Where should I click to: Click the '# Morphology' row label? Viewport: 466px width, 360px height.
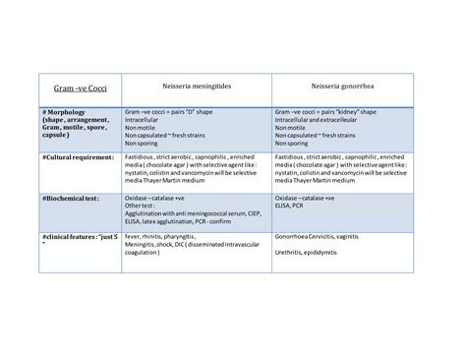pyautogui.click(x=69, y=113)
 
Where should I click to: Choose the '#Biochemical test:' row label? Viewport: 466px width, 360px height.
pyautogui.click(x=71, y=197)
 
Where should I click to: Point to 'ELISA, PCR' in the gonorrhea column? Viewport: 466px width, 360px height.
pyautogui.click(x=293, y=204)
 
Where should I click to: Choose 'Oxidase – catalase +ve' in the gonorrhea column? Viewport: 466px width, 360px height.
pyautogui.click(x=307, y=197)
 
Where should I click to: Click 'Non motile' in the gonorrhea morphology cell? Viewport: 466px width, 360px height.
pyautogui.click(x=292, y=128)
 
